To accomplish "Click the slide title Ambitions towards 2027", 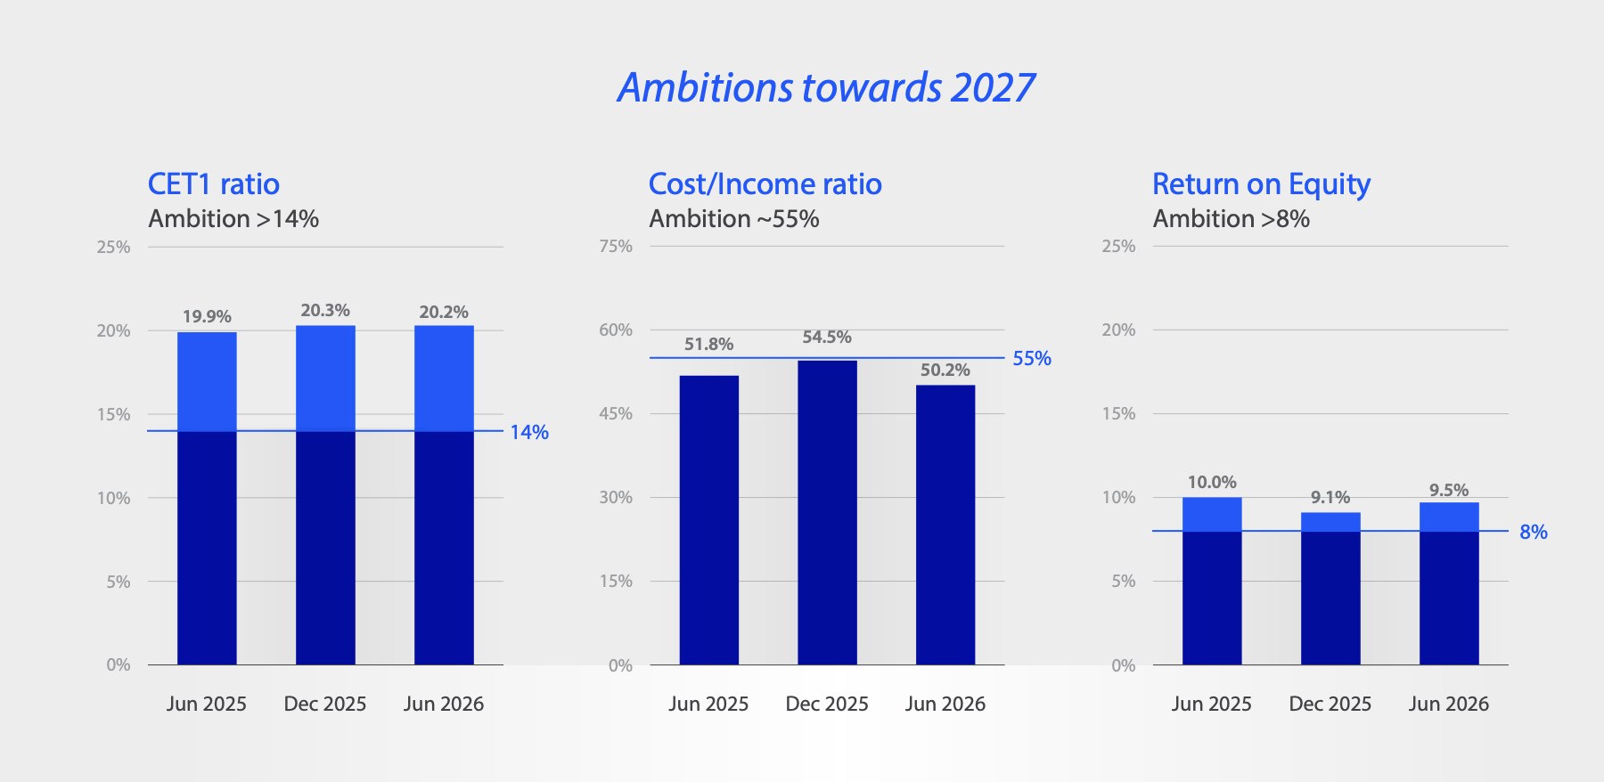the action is [x=826, y=87].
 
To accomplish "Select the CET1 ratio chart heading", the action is [x=214, y=184].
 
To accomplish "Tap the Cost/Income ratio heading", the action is [x=765, y=184].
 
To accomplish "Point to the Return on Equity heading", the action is [x=1261, y=185].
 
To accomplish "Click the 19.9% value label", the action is [x=207, y=317].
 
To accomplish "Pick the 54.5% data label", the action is [x=827, y=337].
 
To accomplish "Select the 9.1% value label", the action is [x=1330, y=497].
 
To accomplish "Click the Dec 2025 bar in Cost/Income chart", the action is [x=827, y=512].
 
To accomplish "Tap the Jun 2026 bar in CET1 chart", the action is [x=444, y=495].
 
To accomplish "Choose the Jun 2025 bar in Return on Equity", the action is [x=1212, y=581].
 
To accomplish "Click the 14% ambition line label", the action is [x=529, y=432].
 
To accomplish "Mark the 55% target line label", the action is [x=1032, y=358].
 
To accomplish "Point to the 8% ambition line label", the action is [x=1534, y=532].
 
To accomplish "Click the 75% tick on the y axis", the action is [x=616, y=246].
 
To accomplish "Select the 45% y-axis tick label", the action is [x=616, y=413].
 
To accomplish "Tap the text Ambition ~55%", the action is [x=734, y=219].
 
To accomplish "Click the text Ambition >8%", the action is [x=1232, y=219].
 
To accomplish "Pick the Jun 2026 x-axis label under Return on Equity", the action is [x=1449, y=704].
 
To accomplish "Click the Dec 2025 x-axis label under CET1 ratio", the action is [x=325, y=704].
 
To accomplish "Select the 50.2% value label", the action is [x=945, y=370].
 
